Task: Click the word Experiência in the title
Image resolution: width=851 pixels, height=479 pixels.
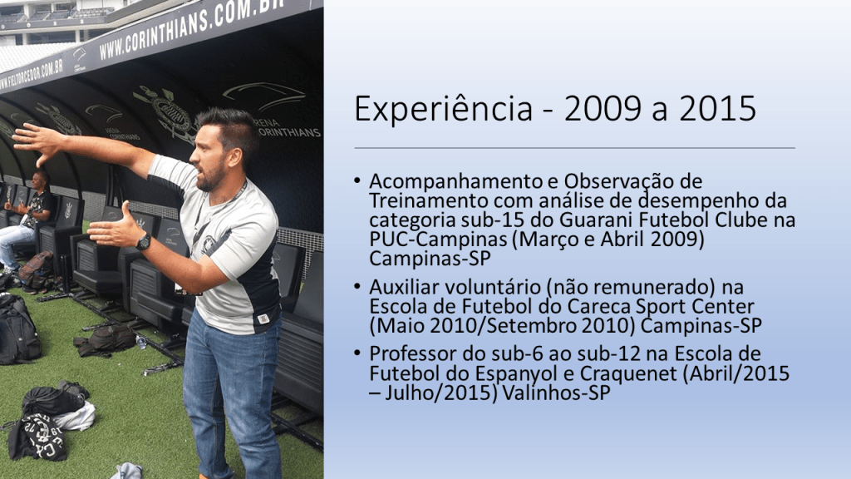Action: coord(444,109)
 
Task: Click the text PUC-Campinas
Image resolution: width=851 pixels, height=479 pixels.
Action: coord(440,239)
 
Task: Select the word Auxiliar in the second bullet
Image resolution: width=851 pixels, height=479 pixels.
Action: coord(403,287)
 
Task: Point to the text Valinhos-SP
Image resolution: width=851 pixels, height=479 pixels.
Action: coord(557,393)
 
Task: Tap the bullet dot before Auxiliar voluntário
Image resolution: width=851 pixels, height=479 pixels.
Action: coord(357,287)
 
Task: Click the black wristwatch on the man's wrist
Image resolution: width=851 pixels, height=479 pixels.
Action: coord(143,241)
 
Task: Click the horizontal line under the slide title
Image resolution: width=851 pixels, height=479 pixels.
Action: coord(574,148)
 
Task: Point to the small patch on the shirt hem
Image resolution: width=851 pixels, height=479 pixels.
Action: coord(263,319)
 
